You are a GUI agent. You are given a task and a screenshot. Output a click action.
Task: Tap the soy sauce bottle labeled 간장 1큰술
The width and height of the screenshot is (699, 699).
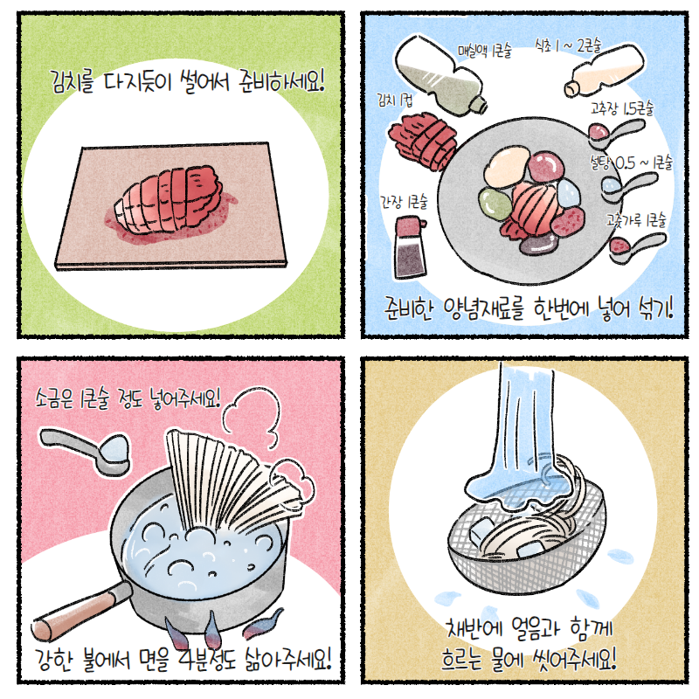[410, 246]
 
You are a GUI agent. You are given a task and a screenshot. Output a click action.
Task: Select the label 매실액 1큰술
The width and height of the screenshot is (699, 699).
[485, 51]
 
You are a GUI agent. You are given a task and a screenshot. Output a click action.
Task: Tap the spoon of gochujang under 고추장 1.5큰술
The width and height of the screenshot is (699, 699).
[615, 131]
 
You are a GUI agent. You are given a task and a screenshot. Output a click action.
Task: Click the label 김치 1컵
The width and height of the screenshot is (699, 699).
[395, 100]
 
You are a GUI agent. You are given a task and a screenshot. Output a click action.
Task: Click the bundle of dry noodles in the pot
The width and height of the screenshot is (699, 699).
[236, 481]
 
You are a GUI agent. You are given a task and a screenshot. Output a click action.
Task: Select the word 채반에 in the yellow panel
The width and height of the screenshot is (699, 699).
[474, 627]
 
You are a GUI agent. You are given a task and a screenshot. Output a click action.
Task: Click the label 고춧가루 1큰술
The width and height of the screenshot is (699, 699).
[636, 220]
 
